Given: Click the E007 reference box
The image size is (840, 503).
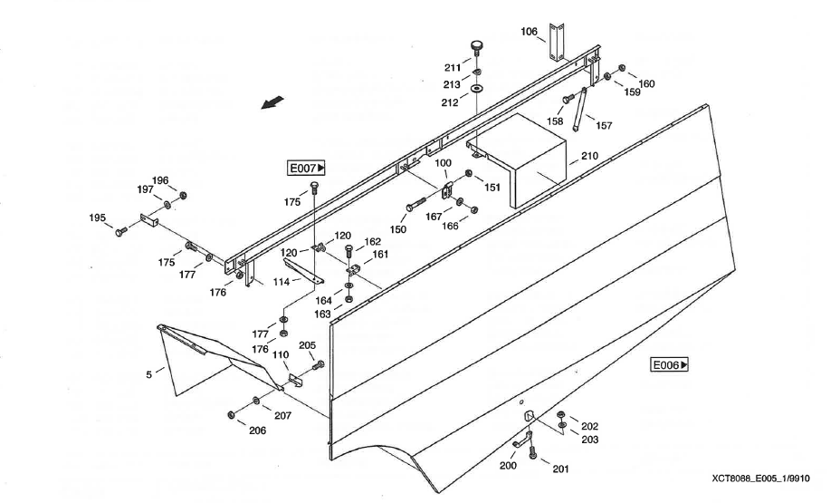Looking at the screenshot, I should click(307, 168).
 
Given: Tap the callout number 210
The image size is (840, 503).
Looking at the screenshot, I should click(589, 156).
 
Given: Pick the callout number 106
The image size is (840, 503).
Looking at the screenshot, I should click(530, 32).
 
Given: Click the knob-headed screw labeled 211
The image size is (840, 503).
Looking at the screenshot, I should click(477, 47).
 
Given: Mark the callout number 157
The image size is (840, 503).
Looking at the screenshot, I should click(603, 125).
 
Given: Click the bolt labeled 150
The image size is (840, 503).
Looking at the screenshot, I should click(420, 204).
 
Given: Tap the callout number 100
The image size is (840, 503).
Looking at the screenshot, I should click(443, 163).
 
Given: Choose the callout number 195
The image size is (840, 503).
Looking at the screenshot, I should click(98, 218).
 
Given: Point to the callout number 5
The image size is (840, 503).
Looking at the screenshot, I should click(149, 372).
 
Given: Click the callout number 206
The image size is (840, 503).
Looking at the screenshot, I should click(258, 430).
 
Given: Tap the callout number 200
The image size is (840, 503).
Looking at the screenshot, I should click(508, 464).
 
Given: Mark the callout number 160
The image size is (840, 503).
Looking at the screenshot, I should click(646, 83).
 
